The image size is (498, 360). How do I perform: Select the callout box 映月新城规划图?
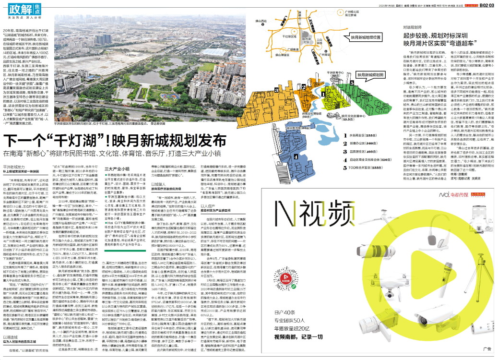371,75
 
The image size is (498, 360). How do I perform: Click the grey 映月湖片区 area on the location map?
307,42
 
